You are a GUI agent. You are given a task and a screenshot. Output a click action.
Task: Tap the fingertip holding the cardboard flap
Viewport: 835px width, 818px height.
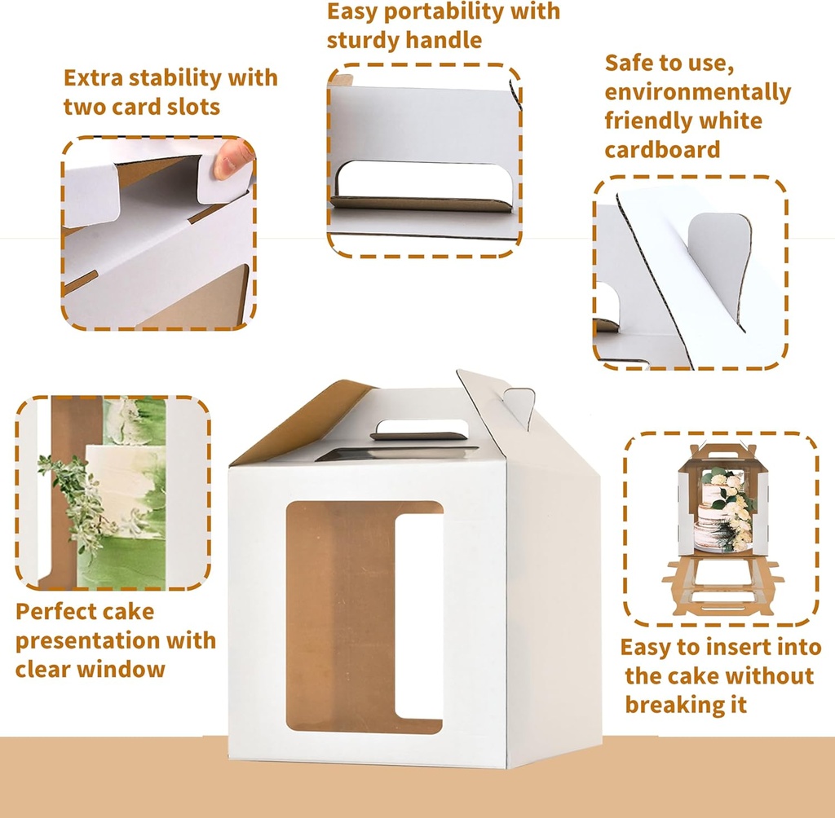point(233,159)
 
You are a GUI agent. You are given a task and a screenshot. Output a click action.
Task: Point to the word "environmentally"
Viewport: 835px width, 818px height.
point(697,92)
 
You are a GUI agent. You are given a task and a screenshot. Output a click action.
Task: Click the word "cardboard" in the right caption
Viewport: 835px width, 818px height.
point(662,149)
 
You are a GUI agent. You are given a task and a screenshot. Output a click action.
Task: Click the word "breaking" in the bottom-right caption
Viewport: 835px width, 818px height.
point(665,705)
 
